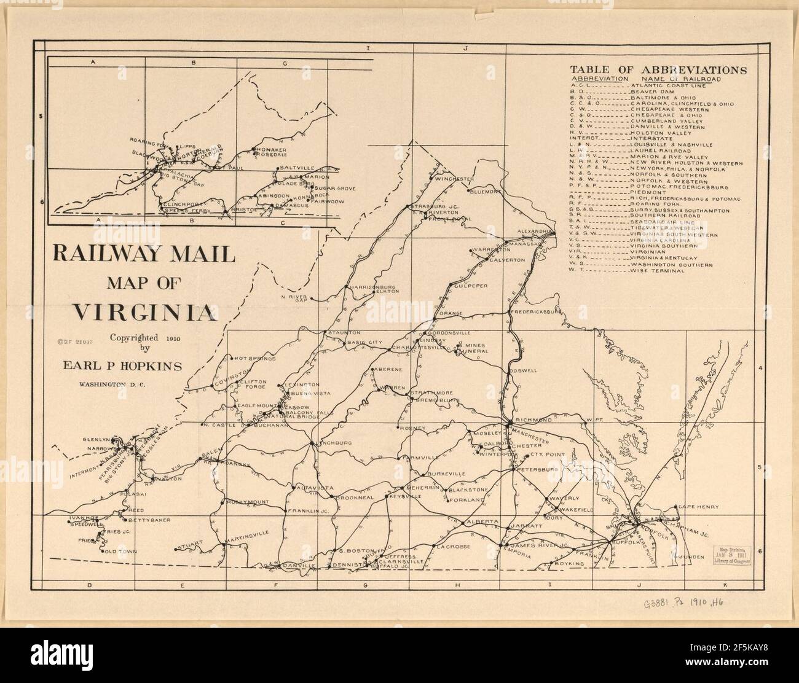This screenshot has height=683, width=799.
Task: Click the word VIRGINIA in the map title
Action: [144, 313]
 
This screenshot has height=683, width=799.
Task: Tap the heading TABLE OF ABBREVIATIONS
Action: [658, 69]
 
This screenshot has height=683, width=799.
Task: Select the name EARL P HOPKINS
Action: [123, 366]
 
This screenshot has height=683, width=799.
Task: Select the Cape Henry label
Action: [694, 507]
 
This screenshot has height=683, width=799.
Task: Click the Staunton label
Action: [344, 332]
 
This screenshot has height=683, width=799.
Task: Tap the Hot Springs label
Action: [254, 357]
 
